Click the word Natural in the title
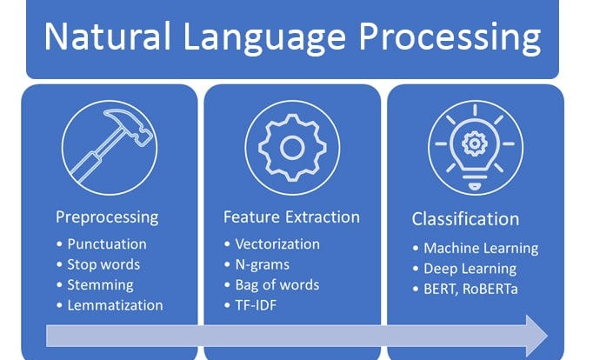pyautogui.click(x=108, y=37)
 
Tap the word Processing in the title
pyautogui.click(x=450, y=38)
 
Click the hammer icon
pyautogui.click(x=110, y=145)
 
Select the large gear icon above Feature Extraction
pyautogui.click(x=292, y=148)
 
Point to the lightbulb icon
pyautogui.click(x=475, y=148)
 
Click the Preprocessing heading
pyautogui.click(x=107, y=217)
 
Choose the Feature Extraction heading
pyautogui.click(x=291, y=217)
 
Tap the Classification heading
pyautogui.click(x=465, y=219)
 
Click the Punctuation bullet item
pyautogui.click(x=107, y=243)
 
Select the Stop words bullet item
pyautogui.click(x=103, y=264)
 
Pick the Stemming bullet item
pyautogui.click(x=100, y=285)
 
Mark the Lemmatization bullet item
pyautogui.click(x=115, y=305)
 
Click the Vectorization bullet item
pyautogui.click(x=277, y=243)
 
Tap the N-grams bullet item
pyautogui.click(x=263, y=264)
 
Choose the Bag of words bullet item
pyautogui.click(x=277, y=284)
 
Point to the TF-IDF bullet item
pyautogui.click(x=256, y=305)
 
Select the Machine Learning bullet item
pyautogui.click(x=481, y=249)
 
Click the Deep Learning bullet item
pyautogui.click(x=470, y=269)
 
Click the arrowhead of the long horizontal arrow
pyautogui.click(x=535, y=336)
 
